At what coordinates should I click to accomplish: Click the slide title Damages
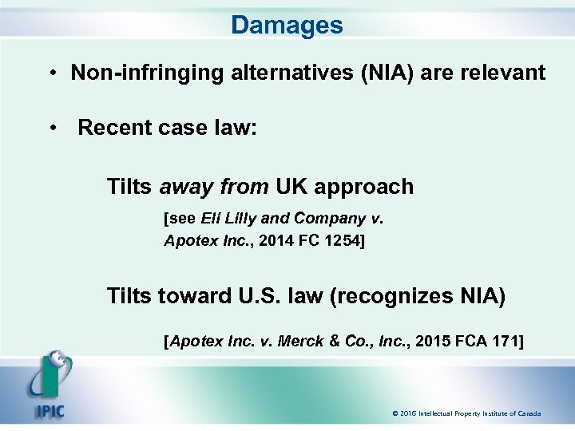tap(287, 25)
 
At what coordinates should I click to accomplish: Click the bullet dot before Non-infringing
tap(50, 74)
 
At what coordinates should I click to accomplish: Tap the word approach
tap(364, 188)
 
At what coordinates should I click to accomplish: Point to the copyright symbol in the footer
tap(395, 413)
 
